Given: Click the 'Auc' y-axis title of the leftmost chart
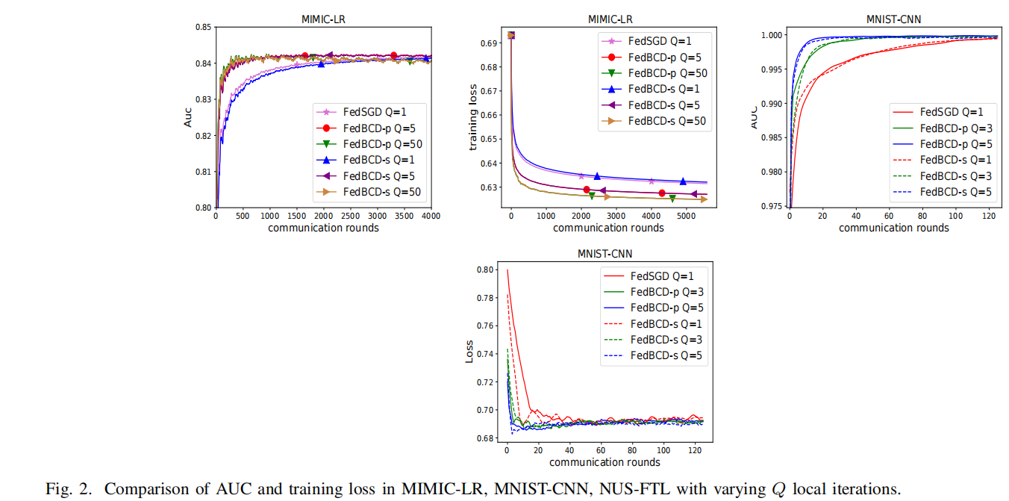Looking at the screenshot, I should point(188,117).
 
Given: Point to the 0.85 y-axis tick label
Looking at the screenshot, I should point(202,28).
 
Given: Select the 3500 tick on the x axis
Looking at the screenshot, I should point(404,217).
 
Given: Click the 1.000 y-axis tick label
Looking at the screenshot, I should point(771,35).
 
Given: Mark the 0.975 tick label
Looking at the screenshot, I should point(771,206).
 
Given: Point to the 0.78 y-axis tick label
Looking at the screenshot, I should point(486,298).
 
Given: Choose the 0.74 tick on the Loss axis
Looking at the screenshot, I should point(486,354).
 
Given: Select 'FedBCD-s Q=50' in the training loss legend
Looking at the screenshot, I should point(666,122).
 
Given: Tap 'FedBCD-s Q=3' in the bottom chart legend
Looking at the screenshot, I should point(666,340).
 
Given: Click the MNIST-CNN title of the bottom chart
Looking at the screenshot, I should point(605,254).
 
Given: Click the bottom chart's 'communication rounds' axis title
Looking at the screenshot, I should point(605,462).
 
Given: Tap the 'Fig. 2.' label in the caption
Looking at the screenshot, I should point(69,490).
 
